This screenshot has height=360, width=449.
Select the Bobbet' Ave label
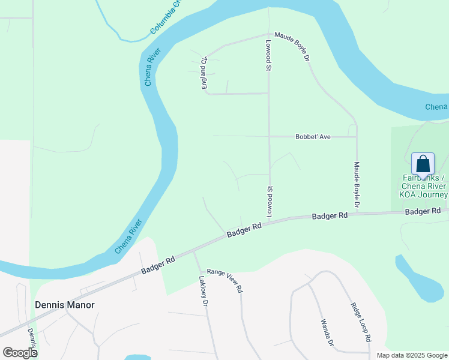pos(313,137)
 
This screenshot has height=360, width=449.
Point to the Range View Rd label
pos(224,280)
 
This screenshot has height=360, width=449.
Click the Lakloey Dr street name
pos(202,292)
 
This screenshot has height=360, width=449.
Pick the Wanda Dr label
pos(327,332)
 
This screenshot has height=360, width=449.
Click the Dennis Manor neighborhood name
pos(65,305)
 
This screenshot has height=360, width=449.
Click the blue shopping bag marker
pos(423,163)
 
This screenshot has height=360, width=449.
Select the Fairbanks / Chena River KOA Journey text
pos(424,186)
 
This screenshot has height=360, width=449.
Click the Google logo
pos(19,352)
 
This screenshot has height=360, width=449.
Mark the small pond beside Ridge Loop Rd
pos(419,278)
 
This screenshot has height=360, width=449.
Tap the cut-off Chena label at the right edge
pos(436,107)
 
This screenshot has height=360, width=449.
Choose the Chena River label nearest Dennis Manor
pos(128,236)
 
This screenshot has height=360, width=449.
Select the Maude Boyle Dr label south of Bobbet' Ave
pos(356,185)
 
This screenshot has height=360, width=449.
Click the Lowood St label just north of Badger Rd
pos(270,202)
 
